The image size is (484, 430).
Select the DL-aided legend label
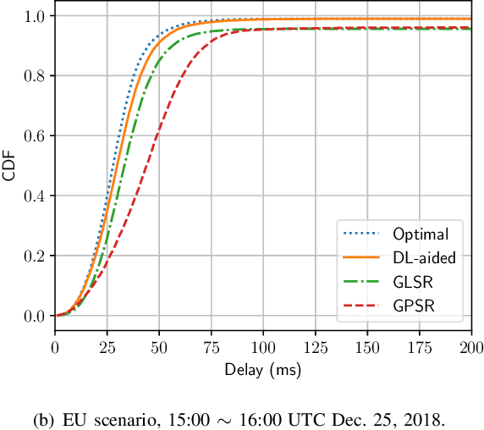tap(423, 257)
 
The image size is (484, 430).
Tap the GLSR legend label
tap(412, 282)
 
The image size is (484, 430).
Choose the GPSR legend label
tap(412, 306)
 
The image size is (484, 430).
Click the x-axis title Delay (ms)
tap(263, 370)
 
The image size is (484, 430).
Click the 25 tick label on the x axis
tap(107, 348)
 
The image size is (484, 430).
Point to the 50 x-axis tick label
tap(159, 348)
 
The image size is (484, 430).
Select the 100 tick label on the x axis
tap(263, 348)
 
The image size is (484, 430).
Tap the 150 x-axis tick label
tap(367, 348)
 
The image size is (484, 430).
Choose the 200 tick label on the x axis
tap(470, 348)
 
